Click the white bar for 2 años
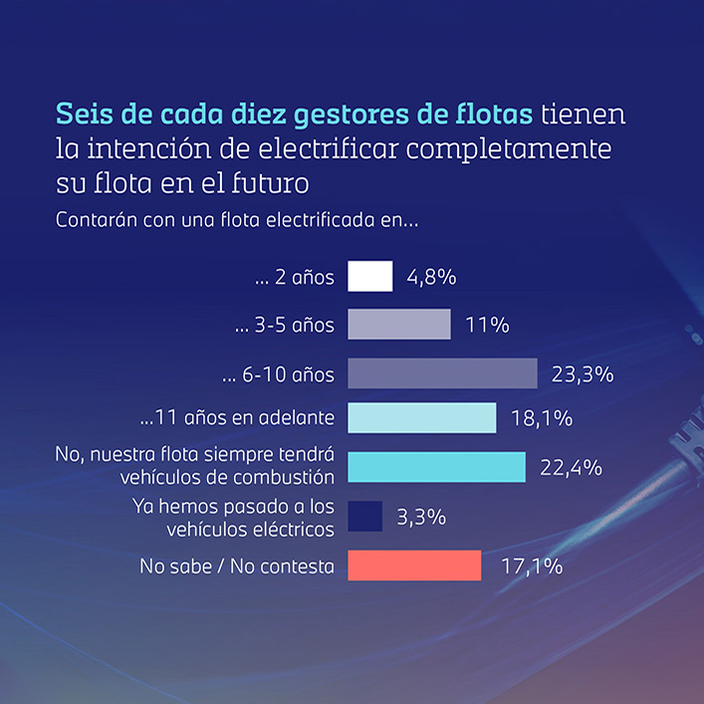click(x=370, y=277)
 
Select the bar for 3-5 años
click(x=399, y=325)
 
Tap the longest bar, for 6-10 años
click(x=442, y=373)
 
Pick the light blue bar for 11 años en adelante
click(x=421, y=418)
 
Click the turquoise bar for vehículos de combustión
click(x=436, y=467)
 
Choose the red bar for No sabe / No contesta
click(x=414, y=566)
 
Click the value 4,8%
click(x=431, y=278)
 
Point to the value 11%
click(x=487, y=326)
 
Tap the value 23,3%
click(x=582, y=374)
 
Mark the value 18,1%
click(x=541, y=419)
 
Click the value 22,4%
click(x=571, y=468)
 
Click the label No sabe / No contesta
click(x=237, y=567)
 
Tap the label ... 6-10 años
click(x=278, y=374)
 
